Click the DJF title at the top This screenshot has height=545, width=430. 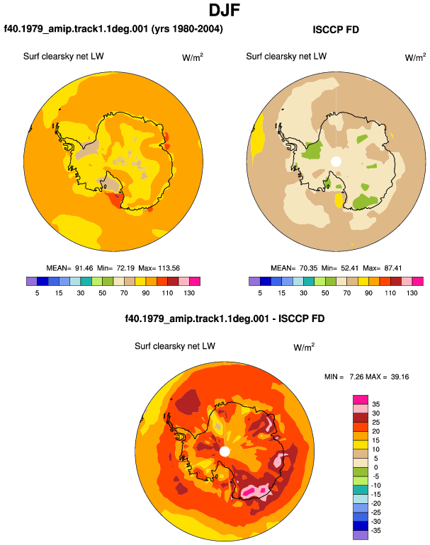point(225,10)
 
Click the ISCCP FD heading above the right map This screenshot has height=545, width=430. point(336,30)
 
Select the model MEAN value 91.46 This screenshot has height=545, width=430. point(84,268)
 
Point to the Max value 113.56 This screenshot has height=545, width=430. point(169,268)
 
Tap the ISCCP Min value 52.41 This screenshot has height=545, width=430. point(349,268)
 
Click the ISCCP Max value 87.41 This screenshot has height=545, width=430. point(392,268)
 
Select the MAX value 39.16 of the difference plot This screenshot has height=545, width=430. point(400,377)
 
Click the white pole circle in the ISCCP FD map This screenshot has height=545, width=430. point(336,161)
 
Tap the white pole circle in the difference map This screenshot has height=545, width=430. point(225,452)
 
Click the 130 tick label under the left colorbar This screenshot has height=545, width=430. point(189,293)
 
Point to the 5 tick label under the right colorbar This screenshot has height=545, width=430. point(260,293)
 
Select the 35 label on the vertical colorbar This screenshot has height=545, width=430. point(375,404)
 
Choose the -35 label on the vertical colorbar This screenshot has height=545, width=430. point(375,530)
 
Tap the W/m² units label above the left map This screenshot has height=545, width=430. point(193,57)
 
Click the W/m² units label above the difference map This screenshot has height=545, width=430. point(304,347)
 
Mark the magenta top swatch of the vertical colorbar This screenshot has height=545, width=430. point(361,399)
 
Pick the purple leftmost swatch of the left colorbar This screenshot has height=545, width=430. point(32,281)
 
